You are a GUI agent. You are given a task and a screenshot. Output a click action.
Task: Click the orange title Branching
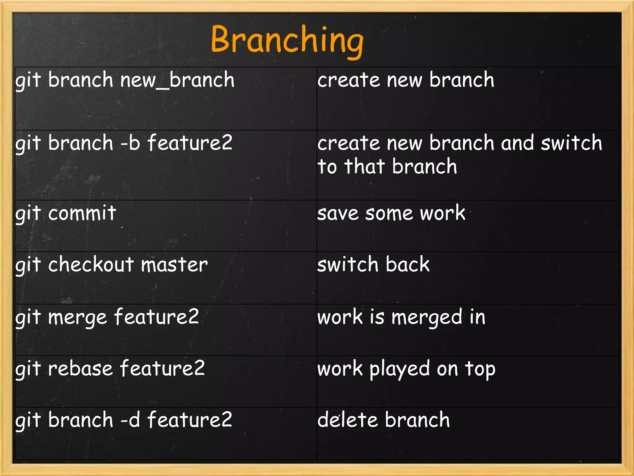[x=287, y=40]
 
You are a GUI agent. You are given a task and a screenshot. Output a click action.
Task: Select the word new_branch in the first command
[x=177, y=80]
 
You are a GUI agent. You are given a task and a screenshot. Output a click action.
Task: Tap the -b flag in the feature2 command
[x=130, y=143]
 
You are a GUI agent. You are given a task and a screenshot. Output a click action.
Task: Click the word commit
[x=82, y=213]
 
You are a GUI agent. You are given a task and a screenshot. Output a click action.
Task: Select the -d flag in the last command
[x=130, y=420]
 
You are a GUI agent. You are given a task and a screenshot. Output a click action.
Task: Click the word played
[x=400, y=369]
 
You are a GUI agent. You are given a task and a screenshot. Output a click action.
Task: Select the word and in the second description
[x=517, y=143]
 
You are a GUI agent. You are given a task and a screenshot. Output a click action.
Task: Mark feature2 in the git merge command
[x=156, y=317]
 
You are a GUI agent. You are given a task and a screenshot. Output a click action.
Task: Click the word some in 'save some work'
[x=389, y=214]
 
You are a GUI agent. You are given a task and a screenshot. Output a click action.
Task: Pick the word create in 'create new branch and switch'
[x=348, y=143]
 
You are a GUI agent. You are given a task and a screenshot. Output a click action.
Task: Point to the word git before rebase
[x=28, y=369]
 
